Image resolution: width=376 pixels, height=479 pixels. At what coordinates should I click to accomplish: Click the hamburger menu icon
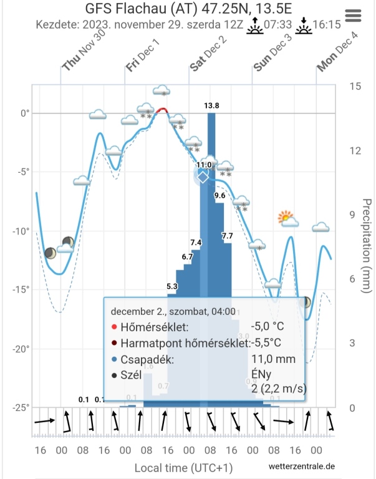click(353, 15)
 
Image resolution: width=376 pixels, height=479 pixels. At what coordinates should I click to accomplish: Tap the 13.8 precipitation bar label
click(212, 106)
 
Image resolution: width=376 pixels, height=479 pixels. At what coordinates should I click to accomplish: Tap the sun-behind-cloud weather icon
click(287, 219)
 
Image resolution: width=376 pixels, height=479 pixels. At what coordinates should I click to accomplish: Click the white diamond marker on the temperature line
click(203, 177)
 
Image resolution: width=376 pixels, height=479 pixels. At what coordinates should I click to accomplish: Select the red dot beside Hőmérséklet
click(113, 327)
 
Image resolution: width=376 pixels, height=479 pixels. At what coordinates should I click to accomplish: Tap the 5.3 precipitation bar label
click(172, 286)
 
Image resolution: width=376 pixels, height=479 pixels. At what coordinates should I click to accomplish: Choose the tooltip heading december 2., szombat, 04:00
click(173, 311)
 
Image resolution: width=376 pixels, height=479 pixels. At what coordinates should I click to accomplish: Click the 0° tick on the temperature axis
click(26, 114)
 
